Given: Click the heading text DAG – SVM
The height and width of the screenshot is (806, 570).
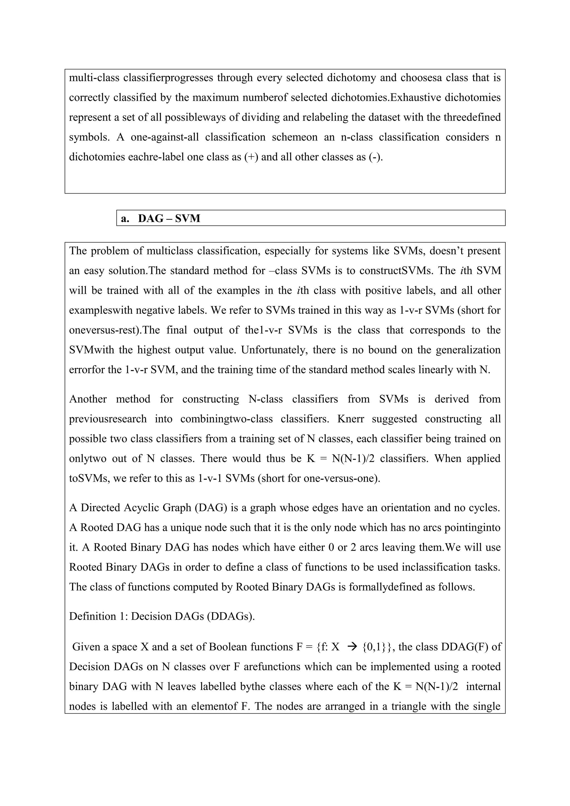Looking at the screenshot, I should point(169,218).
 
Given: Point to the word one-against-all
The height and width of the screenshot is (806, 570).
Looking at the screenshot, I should point(165,137).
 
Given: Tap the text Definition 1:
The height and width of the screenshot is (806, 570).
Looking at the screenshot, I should point(99,616).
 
